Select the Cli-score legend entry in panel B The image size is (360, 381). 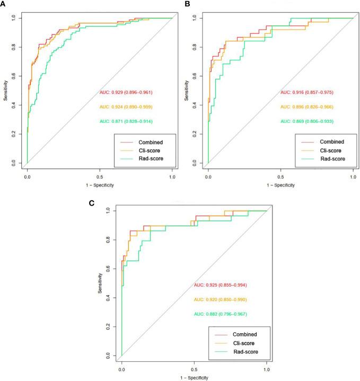coord(324,150)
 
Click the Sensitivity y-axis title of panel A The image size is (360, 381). coord(5,91)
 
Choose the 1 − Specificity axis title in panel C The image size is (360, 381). coord(194,377)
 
